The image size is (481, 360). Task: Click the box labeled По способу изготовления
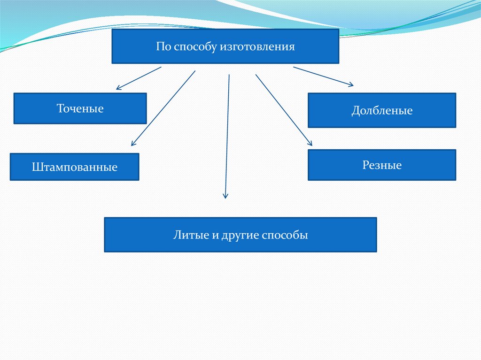tap(225, 46)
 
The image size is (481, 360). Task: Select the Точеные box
tap(80, 108)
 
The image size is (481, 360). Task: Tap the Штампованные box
tap(75, 167)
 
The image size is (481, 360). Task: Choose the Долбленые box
tap(381, 110)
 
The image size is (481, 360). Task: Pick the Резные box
tap(381, 165)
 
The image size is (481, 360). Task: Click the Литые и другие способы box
tap(240, 235)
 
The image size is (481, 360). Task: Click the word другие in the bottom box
tap(239, 235)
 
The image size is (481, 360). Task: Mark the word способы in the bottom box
tap(285, 235)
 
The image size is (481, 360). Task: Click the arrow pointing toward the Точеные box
tap(139, 78)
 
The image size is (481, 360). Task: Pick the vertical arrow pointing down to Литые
tap(227, 136)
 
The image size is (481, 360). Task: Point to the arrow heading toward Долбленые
tap(323, 77)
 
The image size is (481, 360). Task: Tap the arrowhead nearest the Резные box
tap(310, 143)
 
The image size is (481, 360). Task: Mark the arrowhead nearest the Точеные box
tap(119, 87)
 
